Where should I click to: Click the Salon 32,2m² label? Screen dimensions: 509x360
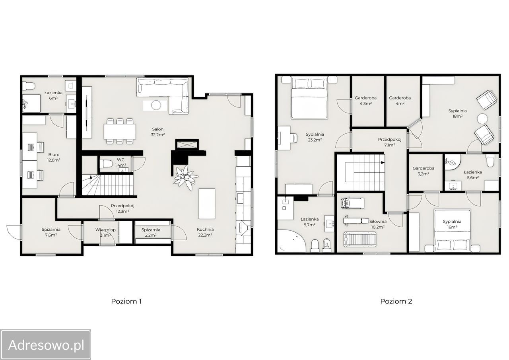pos(158,132)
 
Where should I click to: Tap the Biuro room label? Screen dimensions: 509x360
pos(54,155)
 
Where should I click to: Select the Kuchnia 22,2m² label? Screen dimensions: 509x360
pos(205,232)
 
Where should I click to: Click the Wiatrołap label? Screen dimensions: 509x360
pos(105,230)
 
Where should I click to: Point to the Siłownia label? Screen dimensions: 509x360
pos(378,221)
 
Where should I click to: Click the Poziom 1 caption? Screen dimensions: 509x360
pos(126,302)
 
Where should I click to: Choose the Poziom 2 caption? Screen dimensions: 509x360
pos(396,302)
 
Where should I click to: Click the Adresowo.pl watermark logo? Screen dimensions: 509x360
pos(45,345)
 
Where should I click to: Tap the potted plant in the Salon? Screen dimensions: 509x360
pos(186,178)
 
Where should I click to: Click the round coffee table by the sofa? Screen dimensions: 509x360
pos(156,105)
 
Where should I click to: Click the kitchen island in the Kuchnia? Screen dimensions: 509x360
pos(207,203)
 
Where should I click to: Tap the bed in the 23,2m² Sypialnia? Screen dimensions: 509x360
pos(309,98)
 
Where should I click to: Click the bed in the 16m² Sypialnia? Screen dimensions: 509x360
pos(452,230)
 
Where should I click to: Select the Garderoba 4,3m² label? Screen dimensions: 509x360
pos(365,101)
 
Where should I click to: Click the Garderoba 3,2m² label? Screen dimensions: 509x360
pos(424,171)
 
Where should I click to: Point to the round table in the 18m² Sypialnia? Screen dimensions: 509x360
pos(482,119)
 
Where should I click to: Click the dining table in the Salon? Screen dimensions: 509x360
pos(120,131)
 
